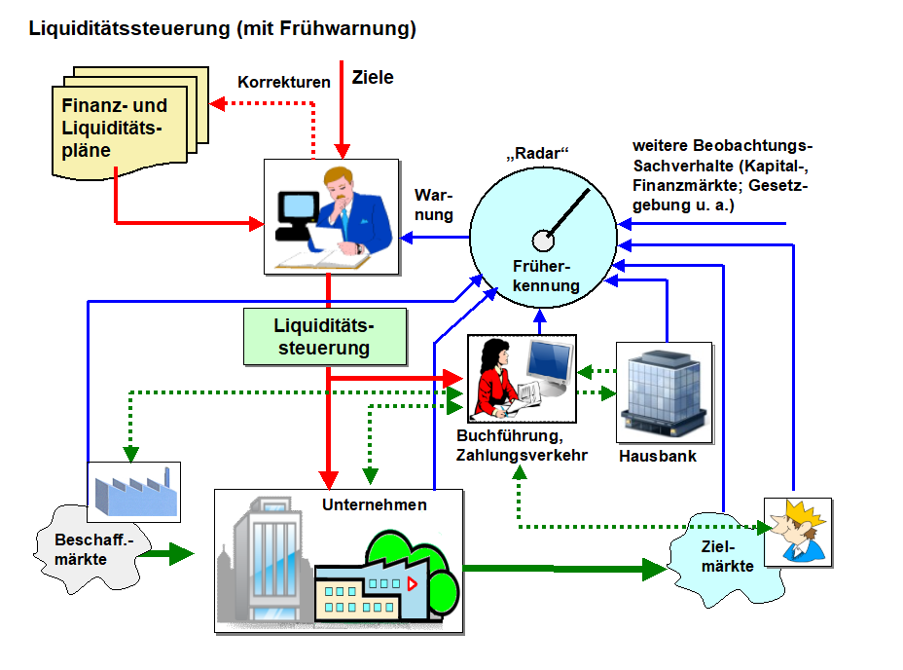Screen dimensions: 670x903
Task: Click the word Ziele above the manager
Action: pyautogui.click(x=373, y=77)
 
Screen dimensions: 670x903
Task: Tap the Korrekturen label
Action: pyautogui.click(x=284, y=83)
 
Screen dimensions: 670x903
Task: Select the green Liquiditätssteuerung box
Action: pyautogui.click(x=323, y=335)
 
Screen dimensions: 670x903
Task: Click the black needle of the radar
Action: pyautogui.click(x=568, y=212)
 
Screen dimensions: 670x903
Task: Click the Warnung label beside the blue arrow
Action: pyautogui.click(x=433, y=205)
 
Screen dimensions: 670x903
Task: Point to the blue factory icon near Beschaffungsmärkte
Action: pyautogui.click(x=133, y=489)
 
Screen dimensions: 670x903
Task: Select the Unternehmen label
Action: pyautogui.click(x=375, y=504)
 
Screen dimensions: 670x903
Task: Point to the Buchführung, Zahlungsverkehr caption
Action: pyautogui.click(x=522, y=445)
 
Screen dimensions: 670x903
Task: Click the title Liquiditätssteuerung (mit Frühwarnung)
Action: pyautogui.click(x=223, y=29)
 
